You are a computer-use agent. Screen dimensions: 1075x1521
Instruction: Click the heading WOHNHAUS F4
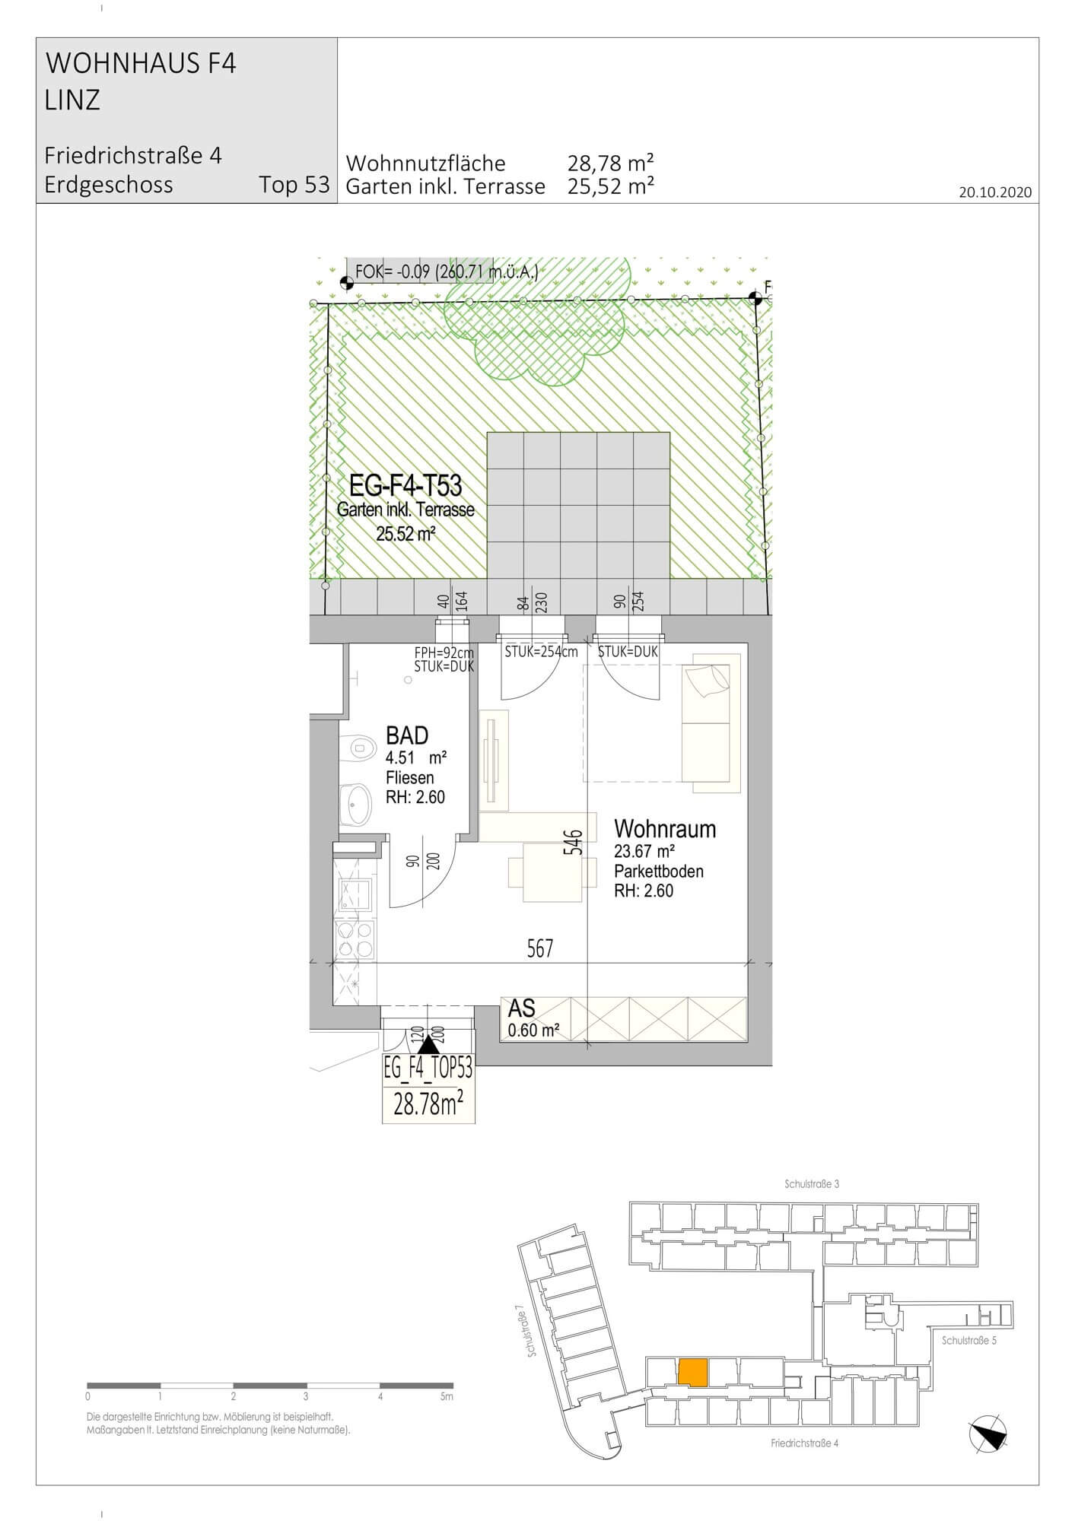(x=142, y=63)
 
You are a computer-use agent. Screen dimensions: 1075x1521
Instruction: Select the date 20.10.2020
(x=995, y=192)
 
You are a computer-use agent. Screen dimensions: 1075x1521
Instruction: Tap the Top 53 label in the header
(x=294, y=185)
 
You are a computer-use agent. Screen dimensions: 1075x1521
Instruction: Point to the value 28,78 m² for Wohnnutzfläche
(x=611, y=163)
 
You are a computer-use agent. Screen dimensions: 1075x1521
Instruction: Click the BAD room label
(x=407, y=735)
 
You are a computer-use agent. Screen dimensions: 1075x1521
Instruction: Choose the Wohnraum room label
(x=665, y=828)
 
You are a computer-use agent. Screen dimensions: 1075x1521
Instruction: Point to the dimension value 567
(x=540, y=948)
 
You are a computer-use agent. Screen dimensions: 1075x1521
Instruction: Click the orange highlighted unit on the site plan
(x=693, y=1371)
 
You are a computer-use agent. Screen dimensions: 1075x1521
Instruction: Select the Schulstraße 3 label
(x=812, y=1184)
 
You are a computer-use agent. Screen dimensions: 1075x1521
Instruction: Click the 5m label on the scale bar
(x=447, y=1396)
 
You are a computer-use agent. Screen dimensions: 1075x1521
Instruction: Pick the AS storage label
(x=522, y=1008)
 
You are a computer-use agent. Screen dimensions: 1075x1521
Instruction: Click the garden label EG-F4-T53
(x=406, y=485)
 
